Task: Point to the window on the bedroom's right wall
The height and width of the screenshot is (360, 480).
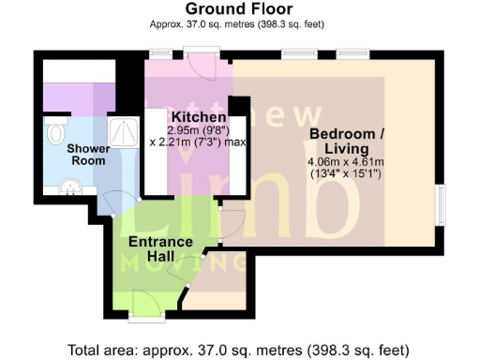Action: pyautogui.click(x=442, y=204)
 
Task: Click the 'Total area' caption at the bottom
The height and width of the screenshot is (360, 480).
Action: pyautogui.click(x=239, y=351)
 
